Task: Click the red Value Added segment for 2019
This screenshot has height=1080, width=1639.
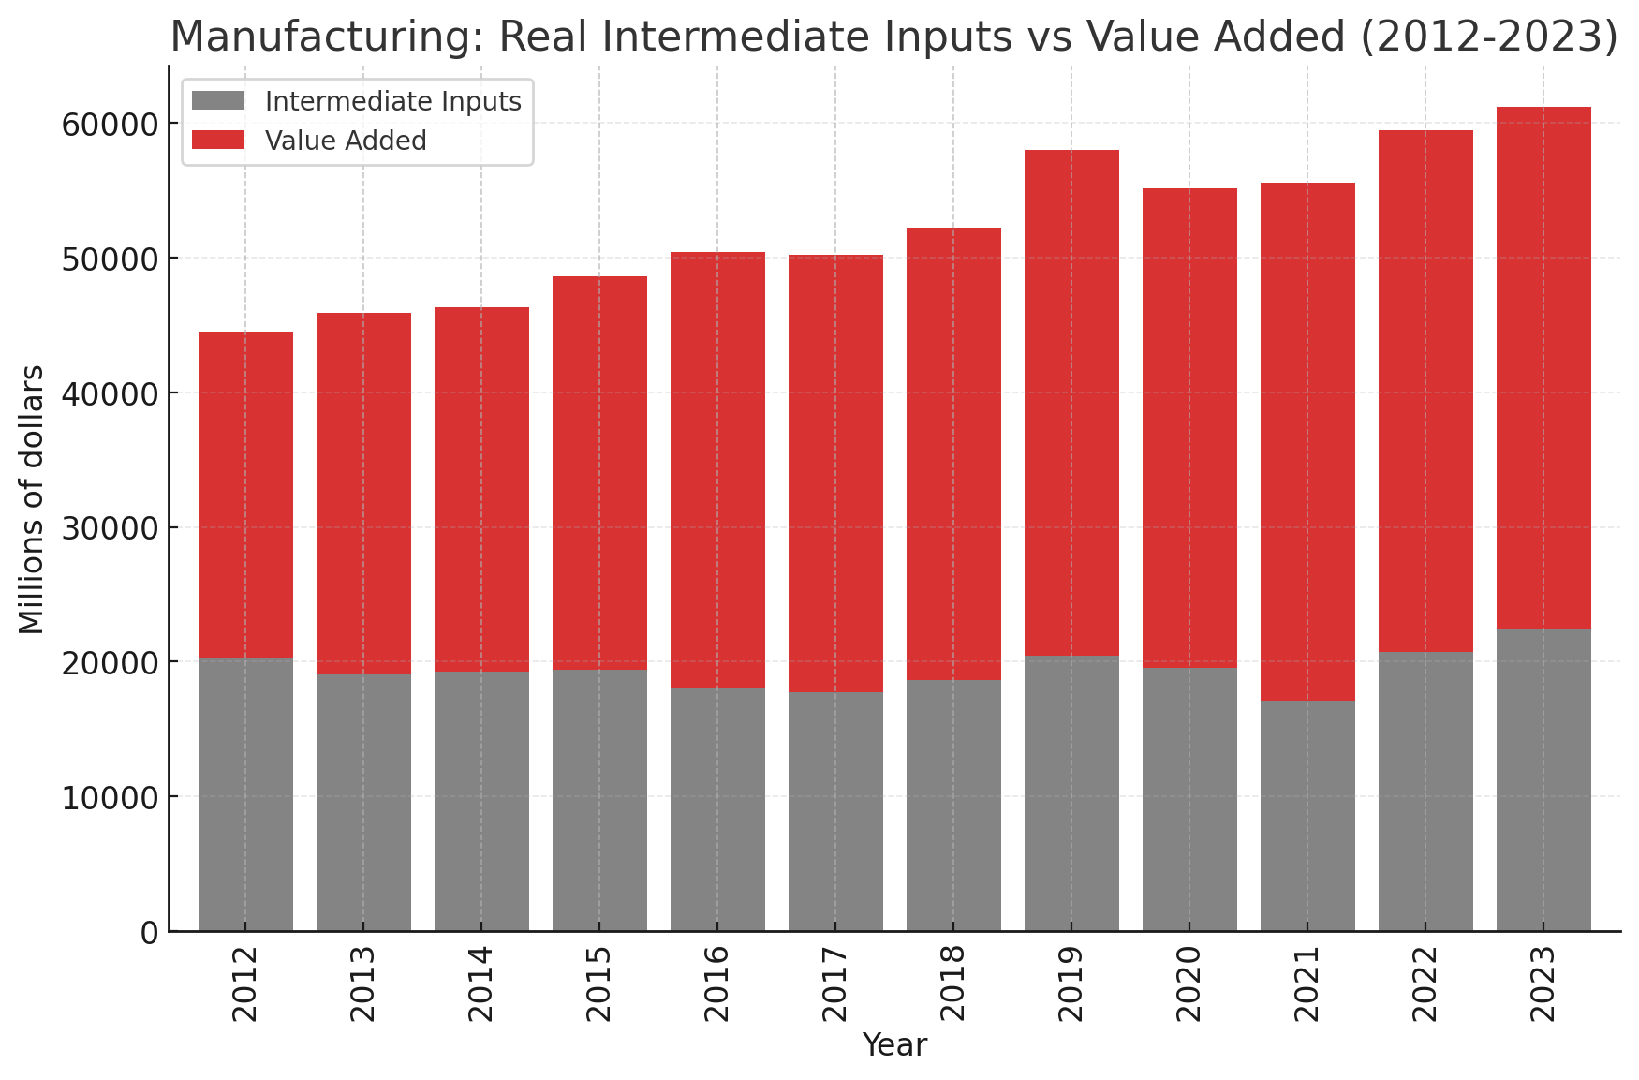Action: click(x=1071, y=403)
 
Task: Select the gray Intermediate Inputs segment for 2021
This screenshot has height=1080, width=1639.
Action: click(x=1307, y=816)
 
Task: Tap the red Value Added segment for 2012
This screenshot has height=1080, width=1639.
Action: click(x=245, y=495)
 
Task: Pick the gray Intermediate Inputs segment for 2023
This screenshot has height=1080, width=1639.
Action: click(x=1543, y=780)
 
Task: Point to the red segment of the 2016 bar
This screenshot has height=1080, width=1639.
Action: click(x=717, y=470)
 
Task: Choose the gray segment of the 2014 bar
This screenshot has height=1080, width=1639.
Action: click(x=481, y=802)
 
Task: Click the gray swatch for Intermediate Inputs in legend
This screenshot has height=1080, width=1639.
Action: click(x=217, y=100)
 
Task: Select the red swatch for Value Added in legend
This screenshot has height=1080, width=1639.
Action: click(x=217, y=141)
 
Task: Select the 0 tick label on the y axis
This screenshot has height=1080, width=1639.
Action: click(x=149, y=933)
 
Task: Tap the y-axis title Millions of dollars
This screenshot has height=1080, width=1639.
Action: click(x=32, y=499)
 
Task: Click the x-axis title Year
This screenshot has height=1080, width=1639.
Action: click(x=894, y=1045)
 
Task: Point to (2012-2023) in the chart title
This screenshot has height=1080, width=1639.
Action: click(x=1488, y=37)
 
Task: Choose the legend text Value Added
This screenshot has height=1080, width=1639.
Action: click(x=346, y=141)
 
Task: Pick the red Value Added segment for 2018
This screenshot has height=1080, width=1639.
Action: click(x=953, y=453)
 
